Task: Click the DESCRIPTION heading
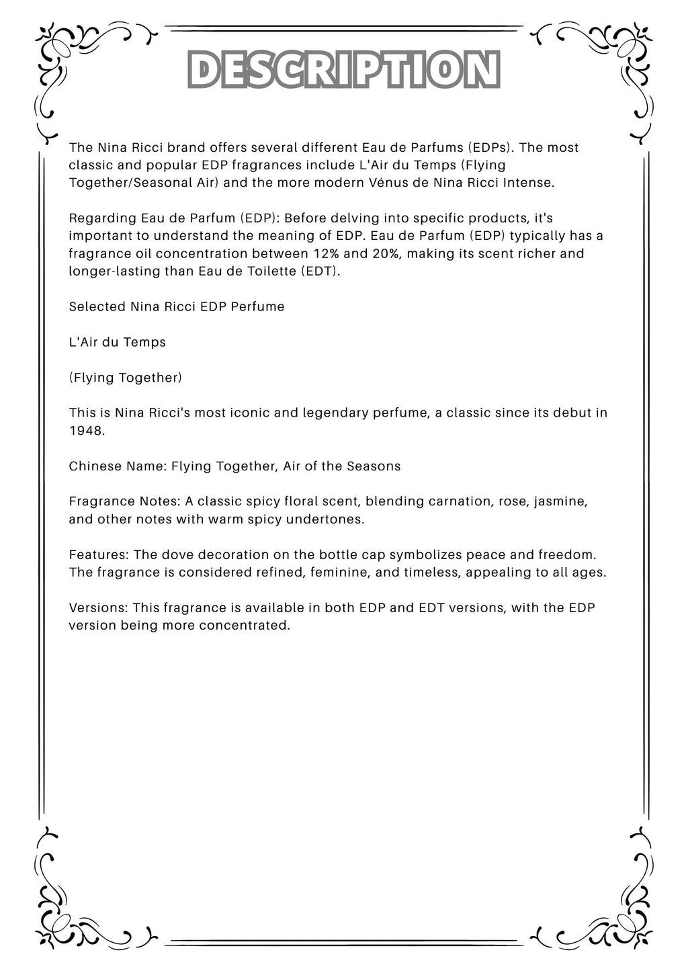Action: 344,69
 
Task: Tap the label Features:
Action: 99,555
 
